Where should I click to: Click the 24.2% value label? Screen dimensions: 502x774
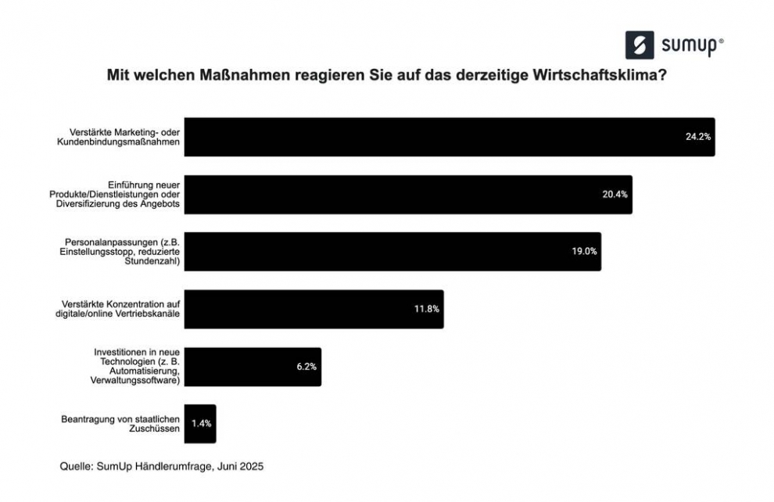(x=697, y=136)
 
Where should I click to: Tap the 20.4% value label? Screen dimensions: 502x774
(x=615, y=194)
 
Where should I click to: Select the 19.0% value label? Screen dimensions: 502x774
(x=584, y=251)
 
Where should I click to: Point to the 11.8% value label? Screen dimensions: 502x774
(x=426, y=309)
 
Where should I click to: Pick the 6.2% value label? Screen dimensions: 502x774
(x=306, y=366)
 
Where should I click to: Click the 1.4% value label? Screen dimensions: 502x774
(x=201, y=423)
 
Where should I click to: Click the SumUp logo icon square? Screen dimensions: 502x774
(x=640, y=45)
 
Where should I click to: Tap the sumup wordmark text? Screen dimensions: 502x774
(x=687, y=46)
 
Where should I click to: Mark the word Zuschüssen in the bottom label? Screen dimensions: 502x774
(x=156, y=429)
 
